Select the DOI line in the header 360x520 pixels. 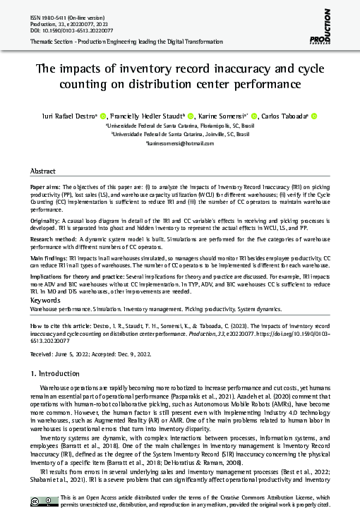click(68, 30)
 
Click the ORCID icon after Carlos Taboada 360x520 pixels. click(314, 116)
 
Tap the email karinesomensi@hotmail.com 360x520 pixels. click(179, 143)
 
